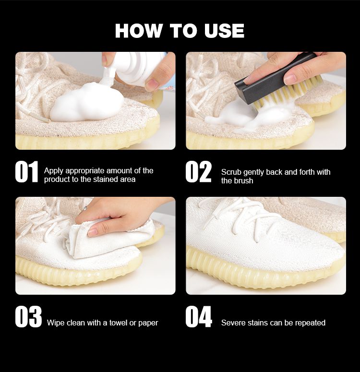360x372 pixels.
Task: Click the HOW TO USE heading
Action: coord(180,31)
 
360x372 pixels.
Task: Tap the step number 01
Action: coord(26,171)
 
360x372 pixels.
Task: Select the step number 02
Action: coord(198,171)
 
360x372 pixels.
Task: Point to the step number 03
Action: coord(28,317)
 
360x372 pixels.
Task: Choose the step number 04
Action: coord(199,317)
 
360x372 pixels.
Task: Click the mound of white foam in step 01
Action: coord(87,102)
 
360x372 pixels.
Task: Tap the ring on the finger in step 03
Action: coord(85,208)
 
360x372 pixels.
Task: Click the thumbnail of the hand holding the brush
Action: coord(290,80)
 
